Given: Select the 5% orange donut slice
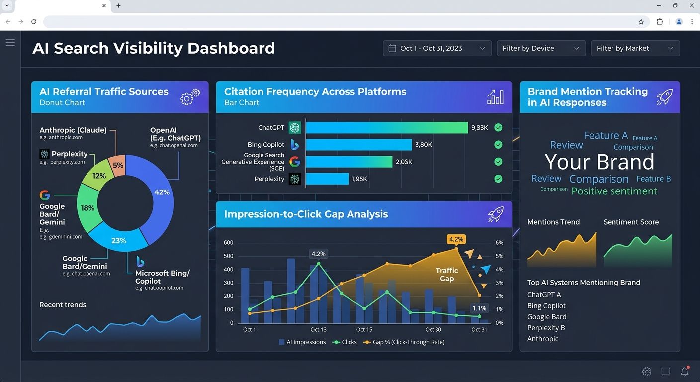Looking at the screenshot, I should [118, 165].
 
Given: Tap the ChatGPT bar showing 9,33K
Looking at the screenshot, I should [386, 128].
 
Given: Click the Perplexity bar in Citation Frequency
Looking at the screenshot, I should [327, 179].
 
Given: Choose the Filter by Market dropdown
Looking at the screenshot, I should [634, 48].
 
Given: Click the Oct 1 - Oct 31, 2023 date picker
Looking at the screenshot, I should [437, 48].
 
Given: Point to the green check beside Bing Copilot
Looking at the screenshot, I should [498, 145].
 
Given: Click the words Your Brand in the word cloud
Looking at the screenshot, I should [599, 162].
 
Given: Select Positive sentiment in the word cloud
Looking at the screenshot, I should [614, 191].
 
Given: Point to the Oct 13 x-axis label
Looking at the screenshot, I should [318, 330].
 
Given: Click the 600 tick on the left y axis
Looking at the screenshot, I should [228, 243].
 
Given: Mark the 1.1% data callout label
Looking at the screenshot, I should [479, 308].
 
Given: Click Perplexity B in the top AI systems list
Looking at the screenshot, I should [546, 328].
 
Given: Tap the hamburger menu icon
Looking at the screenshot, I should [10, 43].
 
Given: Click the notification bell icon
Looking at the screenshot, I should [685, 372].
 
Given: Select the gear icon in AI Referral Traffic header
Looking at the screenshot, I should [190, 96].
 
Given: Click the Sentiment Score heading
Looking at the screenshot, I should [631, 222].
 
